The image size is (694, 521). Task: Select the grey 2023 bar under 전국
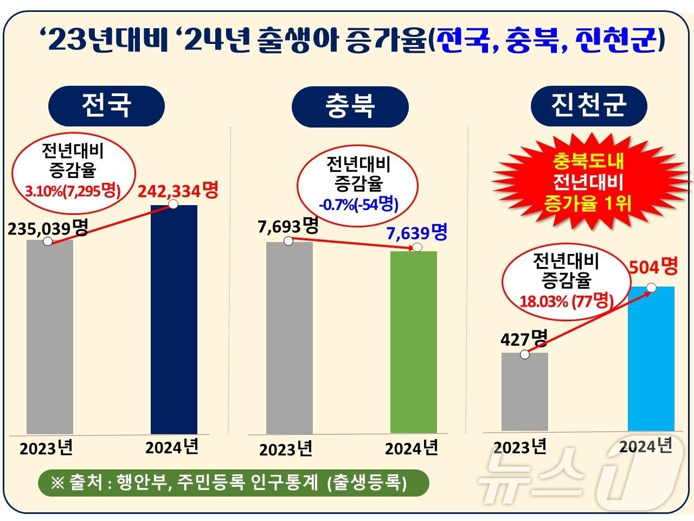pos(50,336)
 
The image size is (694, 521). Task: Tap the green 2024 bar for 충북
pos(414,342)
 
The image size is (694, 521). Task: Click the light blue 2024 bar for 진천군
pos(651,358)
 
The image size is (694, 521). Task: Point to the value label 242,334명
pos(178,190)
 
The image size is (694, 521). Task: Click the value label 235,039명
pos(48,228)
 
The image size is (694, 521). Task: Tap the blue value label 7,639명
pos(417,233)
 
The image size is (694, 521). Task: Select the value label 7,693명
pos(288,226)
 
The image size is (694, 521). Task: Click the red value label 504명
pos(653,266)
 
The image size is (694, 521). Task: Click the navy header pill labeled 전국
pos(106,105)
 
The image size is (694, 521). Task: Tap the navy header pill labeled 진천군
pos(589,105)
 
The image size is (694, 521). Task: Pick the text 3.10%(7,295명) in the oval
pos(72,191)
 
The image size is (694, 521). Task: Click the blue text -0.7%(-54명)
pos(358,205)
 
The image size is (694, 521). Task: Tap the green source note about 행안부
pos(233,482)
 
